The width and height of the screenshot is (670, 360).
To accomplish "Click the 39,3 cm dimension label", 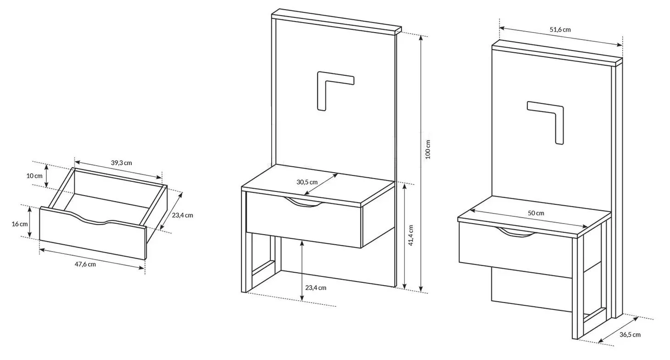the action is click(122, 163).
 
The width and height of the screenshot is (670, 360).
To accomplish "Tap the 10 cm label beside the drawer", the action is click(34, 176).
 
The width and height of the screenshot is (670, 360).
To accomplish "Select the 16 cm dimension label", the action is click(20, 224).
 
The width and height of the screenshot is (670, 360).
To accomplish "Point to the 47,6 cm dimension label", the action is click(85, 264).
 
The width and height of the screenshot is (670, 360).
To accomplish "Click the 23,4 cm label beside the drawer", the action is click(183, 215).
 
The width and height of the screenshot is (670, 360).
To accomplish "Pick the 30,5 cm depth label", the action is click(307, 182).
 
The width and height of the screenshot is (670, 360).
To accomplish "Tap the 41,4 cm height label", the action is click(411, 236).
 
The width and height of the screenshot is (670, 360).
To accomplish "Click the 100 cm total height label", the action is click(428, 149).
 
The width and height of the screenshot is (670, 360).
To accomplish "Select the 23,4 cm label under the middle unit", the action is click(316, 287).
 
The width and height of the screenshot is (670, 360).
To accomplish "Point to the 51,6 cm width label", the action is click(560, 30).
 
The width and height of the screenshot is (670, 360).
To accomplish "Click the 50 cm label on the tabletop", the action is click(536, 213).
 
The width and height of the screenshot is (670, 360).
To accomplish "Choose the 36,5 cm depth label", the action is click(630, 335).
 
